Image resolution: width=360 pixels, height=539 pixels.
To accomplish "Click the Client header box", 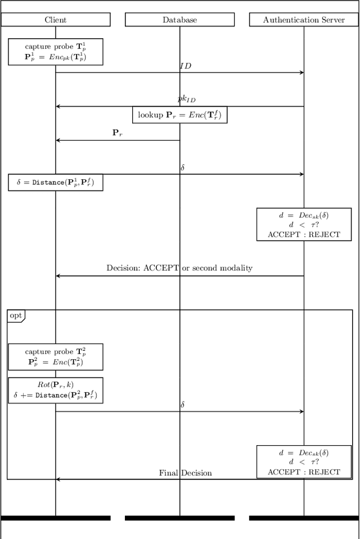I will (x=55, y=20).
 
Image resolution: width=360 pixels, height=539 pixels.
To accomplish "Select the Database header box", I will (x=179, y=20).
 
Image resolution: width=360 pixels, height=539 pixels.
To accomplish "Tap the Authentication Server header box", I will (x=304, y=20).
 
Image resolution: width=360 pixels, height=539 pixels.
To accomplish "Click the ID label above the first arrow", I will (x=185, y=66).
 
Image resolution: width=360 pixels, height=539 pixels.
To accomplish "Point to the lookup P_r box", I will (x=180, y=115).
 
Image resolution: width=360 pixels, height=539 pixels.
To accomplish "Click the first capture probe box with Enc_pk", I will (x=55, y=52).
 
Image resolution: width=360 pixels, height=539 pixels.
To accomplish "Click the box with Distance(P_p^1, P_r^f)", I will (x=55, y=182).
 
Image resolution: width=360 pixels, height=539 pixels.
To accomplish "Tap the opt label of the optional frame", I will (x=16, y=316).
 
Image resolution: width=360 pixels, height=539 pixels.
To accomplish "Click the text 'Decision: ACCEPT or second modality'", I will (x=179, y=268).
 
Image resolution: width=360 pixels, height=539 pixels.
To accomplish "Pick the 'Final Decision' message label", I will (x=186, y=473).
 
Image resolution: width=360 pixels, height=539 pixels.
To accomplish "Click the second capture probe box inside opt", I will (x=55, y=357).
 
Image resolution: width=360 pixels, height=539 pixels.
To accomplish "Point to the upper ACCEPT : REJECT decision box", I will (x=304, y=224).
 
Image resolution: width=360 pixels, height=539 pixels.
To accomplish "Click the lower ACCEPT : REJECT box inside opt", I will (x=304, y=462).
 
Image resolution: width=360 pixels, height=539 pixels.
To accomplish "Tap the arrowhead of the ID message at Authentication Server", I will (x=301, y=73).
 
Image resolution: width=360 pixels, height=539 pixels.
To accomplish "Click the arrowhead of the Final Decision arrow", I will (x=58, y=479).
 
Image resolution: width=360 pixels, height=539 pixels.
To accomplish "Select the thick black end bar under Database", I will (x=179, y=518).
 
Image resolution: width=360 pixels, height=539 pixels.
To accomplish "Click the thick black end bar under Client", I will (x=55, y=518).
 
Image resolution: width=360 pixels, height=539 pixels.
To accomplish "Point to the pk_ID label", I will (x=187, y=99).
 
